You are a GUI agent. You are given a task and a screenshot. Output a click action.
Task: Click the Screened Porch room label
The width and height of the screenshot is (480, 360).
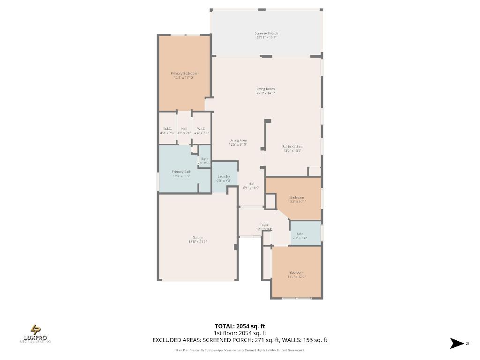coord(266,35)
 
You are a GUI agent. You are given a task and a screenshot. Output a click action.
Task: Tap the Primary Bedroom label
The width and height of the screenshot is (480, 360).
coord(184,75)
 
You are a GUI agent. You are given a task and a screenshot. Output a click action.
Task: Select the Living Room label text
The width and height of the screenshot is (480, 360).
coord(265,91)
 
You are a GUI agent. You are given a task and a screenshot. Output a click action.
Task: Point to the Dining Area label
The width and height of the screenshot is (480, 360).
coord(238,142)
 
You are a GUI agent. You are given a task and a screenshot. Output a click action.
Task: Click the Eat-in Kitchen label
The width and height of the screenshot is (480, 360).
coord(292,149)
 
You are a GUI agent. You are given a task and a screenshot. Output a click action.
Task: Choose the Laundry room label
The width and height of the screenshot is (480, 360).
coord(224,178)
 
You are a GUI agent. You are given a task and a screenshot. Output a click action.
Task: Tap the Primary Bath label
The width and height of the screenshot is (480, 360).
coord(181,174)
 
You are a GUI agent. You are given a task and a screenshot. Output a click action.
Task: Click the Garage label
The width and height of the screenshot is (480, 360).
coord(197,240)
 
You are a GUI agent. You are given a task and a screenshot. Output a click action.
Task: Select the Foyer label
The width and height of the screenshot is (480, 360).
coord(264,227)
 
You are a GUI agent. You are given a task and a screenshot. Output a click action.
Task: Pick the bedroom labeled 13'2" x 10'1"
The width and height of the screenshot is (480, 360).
coord(297,199)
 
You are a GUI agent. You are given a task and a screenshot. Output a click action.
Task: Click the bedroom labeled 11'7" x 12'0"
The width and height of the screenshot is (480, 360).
coord(296,274)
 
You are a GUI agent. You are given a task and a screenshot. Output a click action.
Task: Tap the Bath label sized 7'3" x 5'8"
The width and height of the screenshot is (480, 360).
coord(300,236)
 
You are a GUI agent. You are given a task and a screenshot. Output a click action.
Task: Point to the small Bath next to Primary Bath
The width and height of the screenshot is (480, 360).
coord(205,161)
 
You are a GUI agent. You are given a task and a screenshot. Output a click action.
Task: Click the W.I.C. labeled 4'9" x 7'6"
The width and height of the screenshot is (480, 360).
coord(168,130)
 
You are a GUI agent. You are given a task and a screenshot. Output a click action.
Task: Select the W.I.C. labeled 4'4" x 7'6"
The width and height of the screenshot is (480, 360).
coord(201,130)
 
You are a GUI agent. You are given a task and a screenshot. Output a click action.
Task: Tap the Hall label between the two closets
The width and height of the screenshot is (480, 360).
coord(184,130)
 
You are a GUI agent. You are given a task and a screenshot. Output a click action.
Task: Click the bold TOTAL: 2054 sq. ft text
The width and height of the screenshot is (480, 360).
coord(240,326)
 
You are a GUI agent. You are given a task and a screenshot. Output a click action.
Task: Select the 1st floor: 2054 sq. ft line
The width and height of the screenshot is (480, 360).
coord(240,333)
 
